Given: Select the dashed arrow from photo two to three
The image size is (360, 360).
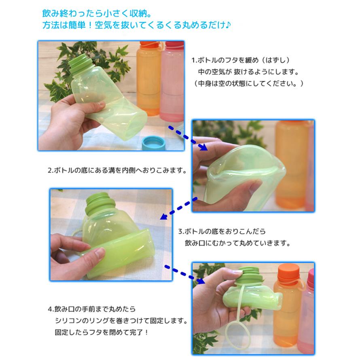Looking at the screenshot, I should point(178,208).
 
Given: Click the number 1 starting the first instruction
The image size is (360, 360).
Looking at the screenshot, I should point(193,60).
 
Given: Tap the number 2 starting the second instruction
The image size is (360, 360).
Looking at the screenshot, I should point(50,170).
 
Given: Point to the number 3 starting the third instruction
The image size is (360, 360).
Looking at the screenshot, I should point(180,232).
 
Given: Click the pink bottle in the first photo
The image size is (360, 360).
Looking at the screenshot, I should point(172,81).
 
